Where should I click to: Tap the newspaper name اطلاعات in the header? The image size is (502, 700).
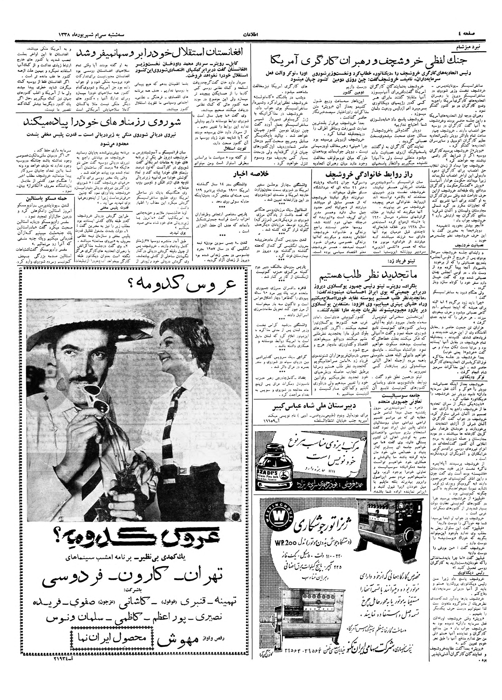pyautogui.click(x=251, y=35)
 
